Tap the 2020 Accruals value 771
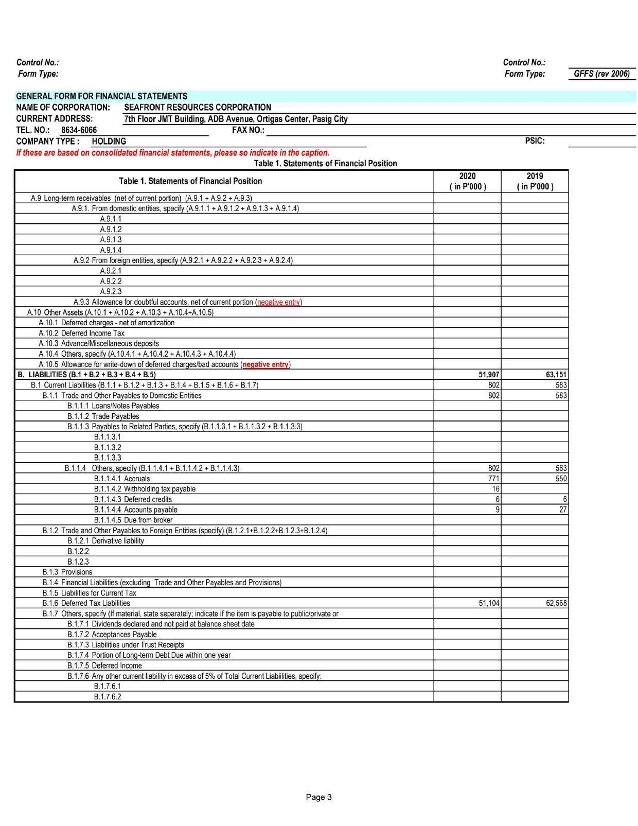coord(493,479)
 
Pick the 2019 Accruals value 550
coord(561,479)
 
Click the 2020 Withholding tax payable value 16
coord(495,489)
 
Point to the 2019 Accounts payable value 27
coord(563,509)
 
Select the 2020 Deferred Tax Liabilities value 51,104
coord(489,603)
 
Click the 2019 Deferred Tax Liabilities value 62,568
coord(556,603)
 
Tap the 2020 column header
coord(467,181)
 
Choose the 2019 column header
coord(535,181)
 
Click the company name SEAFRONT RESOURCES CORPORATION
coord(198,108)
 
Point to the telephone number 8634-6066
coord(79,130)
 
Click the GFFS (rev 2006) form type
coord(601,74)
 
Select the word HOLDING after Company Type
coord(109,142)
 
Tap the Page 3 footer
coord(318,797)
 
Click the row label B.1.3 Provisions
coord(67,572)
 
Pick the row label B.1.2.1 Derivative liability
coord(105,541)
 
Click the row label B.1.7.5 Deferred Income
coord(104,665)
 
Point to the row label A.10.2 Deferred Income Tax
coord(82,333)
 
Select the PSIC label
coord(535,141)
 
